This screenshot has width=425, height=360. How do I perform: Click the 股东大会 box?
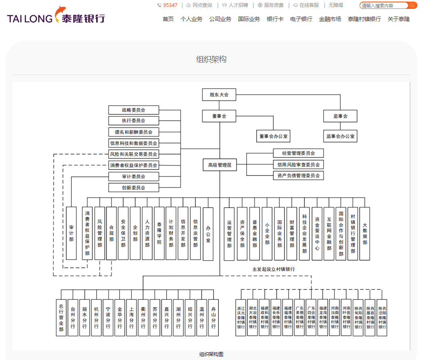tap(219, 95)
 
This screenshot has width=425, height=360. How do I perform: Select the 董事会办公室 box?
tap(273, 136)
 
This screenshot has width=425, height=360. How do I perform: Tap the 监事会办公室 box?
tap(340, 136)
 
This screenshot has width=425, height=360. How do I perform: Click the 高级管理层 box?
tap(220, 165)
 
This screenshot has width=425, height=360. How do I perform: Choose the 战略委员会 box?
tap(134, 110)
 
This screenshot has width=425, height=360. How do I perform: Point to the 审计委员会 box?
tap(134, 176)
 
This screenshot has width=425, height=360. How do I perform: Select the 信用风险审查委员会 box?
tap(298, 165)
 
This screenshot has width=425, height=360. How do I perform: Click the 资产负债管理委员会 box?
tap(298, 176)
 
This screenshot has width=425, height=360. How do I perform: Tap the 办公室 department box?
tap(208, 234)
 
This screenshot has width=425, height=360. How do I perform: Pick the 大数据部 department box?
tap(365, 234)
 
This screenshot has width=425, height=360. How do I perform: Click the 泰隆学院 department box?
tap(159, 234)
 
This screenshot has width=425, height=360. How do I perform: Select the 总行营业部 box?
tap(61, 318)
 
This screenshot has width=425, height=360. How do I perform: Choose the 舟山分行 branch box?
tap(214, 318)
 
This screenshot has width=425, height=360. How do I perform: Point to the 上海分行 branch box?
tap(132, 318)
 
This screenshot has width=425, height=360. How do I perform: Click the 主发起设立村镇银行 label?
tap(273, 269)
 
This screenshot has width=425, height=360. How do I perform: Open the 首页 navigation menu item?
tap(168, 19)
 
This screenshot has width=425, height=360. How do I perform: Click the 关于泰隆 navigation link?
tap(398, 19)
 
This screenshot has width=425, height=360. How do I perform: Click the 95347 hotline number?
tap(170, 5)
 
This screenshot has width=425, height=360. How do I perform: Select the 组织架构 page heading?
tap(211, 59)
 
